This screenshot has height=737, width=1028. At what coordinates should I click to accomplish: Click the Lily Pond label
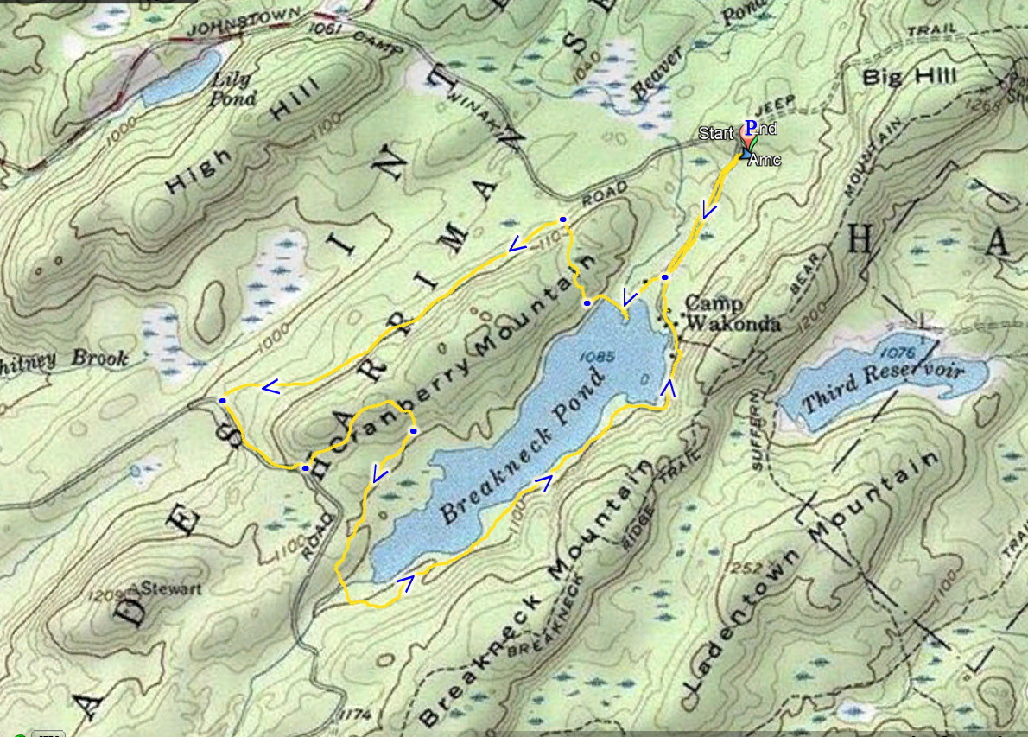231,87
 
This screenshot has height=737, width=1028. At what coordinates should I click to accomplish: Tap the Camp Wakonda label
733,314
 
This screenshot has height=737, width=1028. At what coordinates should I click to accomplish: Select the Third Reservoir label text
882,388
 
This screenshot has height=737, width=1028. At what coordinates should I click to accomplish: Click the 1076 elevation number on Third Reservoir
895,352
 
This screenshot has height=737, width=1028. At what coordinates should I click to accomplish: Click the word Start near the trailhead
716,133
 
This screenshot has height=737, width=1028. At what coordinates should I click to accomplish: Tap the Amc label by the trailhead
765,160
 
